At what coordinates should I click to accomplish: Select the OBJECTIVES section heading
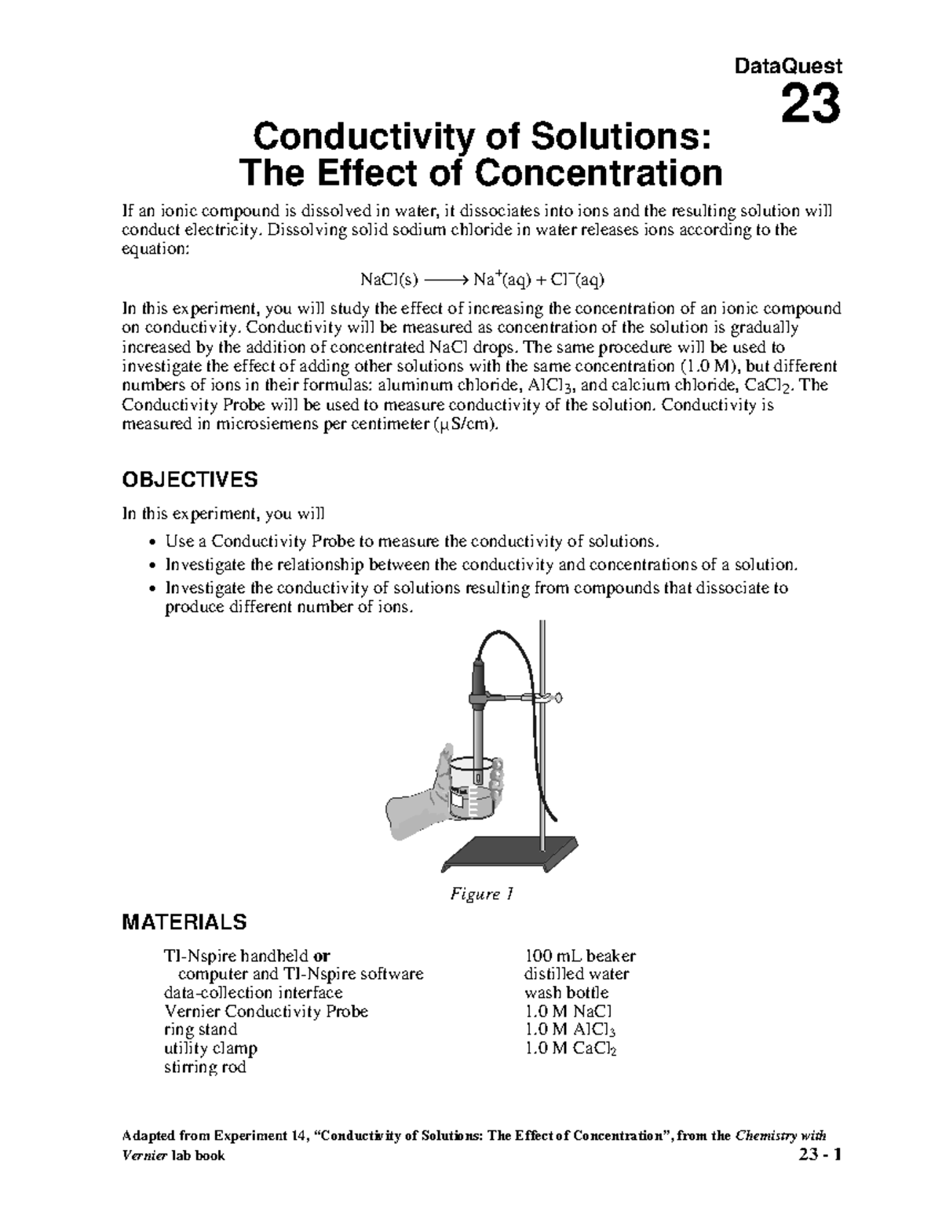[x=189, y=479]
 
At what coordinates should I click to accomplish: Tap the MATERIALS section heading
[x=184, y=921]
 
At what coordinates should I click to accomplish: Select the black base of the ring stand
[x=510, y=852]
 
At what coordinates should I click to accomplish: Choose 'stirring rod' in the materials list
[x=205, y=1067]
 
